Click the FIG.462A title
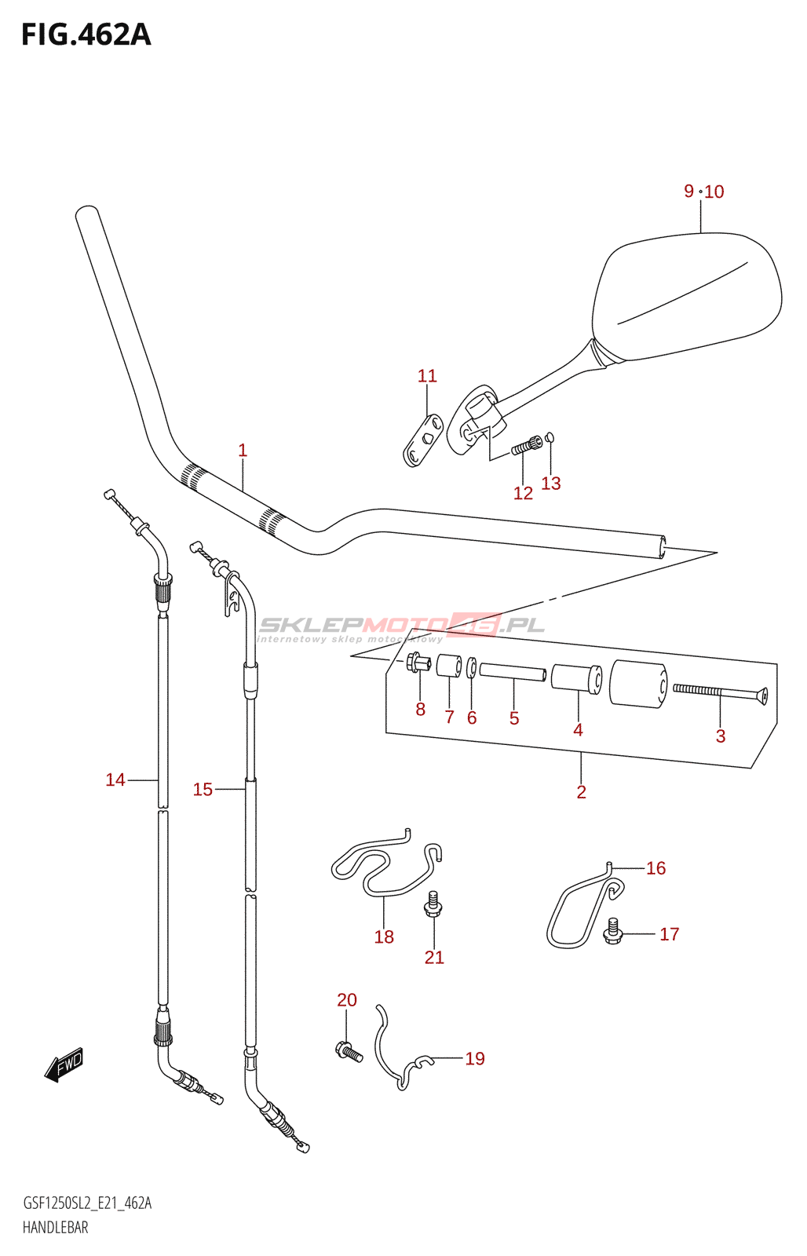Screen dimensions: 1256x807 (x=86, y=35)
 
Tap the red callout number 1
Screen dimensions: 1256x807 (x=243, y=451)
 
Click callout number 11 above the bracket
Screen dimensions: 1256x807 (x=427, y=376)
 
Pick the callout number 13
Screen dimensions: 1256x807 (x=551, y=484)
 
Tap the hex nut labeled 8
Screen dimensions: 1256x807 (x=418, y=663)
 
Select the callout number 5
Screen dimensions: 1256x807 (x=514, y=718)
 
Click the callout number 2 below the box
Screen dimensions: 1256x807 (x=581, y=792)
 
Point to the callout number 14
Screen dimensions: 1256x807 (x=115, y=780)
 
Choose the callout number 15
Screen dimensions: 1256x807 (x=203, y=790)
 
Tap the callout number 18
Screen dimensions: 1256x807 (x=384, y=937)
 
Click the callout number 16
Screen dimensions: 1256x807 (x=655, y=868)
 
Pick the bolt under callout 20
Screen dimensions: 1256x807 (x=349, y=1051)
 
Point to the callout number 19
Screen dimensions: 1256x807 (x=475, y=1059)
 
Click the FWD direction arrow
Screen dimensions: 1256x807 (x=64, y=1065)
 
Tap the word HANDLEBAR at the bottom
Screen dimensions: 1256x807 (x=55, y=1228)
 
